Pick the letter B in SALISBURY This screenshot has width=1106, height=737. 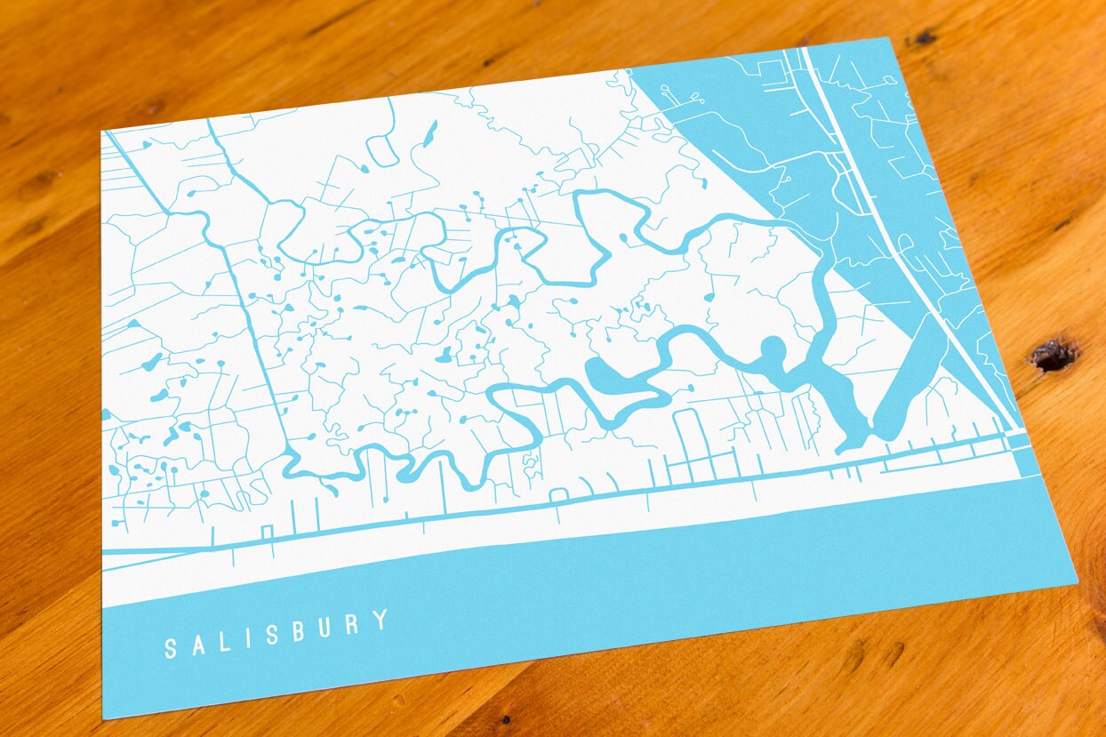coord(299,630)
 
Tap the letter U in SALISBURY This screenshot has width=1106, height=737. coord(326,627)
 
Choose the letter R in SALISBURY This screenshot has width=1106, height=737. coord(353,623)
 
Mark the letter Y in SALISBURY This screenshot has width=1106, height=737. coord(381,619)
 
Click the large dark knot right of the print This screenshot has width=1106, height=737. coord(1054,355)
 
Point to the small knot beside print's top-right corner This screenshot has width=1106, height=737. coord(921,38)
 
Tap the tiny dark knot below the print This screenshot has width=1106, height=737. coord(504,719)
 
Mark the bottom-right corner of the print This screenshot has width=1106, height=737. coord(1077,583)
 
